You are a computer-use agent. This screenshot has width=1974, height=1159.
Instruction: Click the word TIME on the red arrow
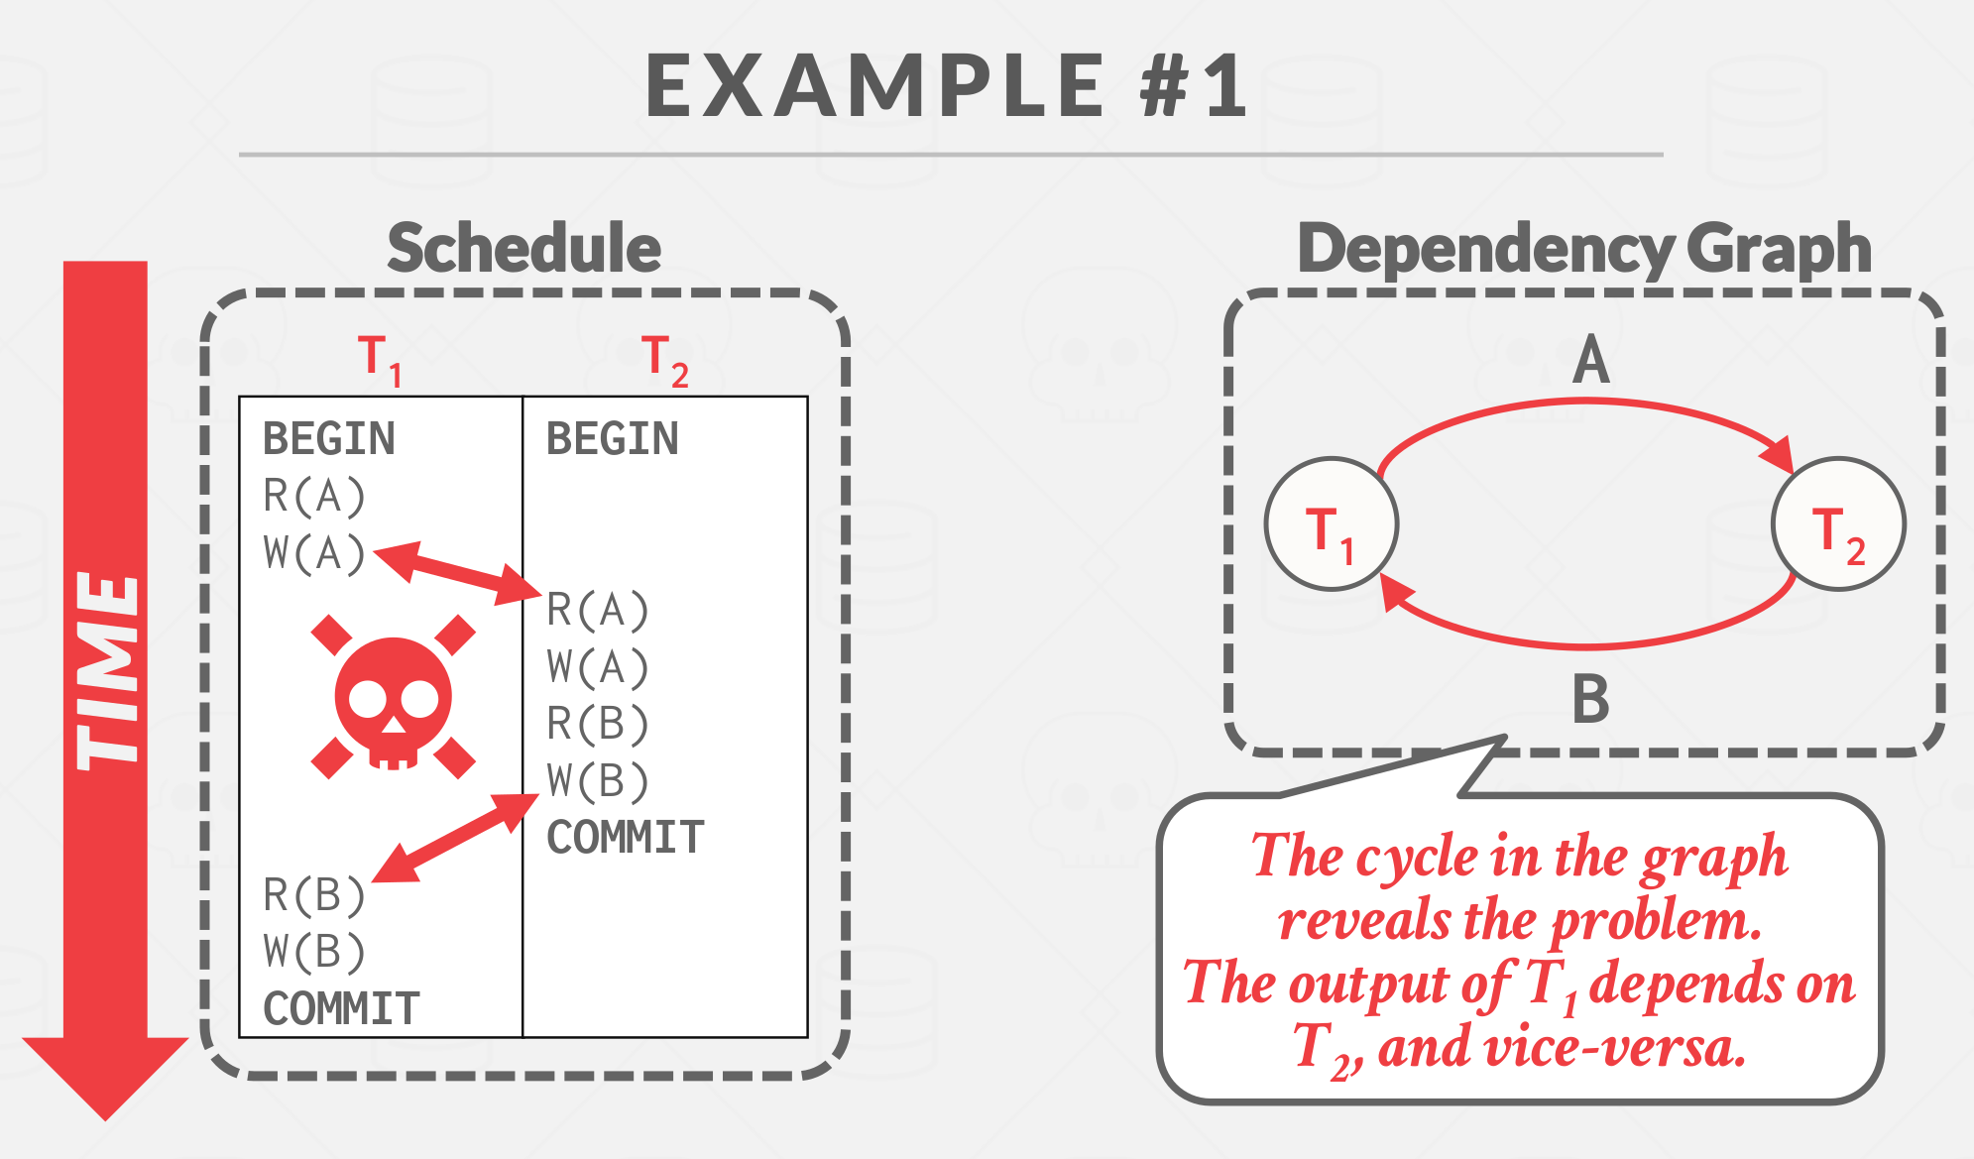coord(107,670)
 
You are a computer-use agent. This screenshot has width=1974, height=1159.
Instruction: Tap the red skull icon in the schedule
coord(394,698)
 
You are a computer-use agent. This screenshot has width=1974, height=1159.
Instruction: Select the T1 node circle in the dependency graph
coord(1332,524)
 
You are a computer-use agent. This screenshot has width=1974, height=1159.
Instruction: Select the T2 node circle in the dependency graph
coord(1838,524)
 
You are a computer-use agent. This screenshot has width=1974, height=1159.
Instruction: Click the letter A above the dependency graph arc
coord(1590,359)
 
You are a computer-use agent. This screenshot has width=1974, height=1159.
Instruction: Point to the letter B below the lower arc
coord(1590,699)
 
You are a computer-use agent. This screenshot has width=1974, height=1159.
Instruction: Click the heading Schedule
coord(523,248)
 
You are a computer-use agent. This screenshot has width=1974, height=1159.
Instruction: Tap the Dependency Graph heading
coord(1584,248)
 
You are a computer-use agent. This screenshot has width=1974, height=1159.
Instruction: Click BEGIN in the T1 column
coord(329,438)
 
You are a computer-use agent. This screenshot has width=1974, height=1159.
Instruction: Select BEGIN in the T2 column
coord(613,438)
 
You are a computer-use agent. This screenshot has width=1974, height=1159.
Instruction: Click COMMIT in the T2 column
coord(626,838)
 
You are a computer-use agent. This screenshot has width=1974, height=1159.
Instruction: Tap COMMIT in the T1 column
coord(342,1008)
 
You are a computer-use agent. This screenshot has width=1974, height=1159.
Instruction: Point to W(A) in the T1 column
coord(314,553)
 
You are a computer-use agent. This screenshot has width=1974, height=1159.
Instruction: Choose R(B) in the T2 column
coord(598,724)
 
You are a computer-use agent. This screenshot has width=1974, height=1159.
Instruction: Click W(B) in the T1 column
coord(314,952)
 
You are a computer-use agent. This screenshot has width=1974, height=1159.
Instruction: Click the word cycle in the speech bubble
coord(1418,858)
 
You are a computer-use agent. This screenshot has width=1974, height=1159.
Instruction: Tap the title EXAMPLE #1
coord(947,87)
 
